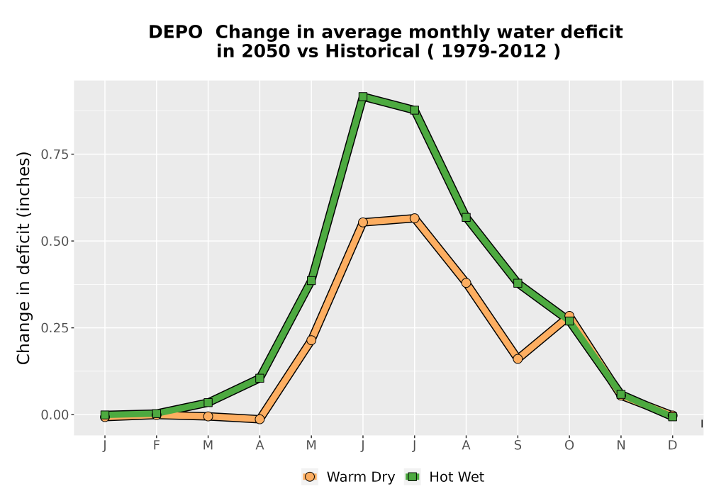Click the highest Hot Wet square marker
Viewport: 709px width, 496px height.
click(x=362, y=96)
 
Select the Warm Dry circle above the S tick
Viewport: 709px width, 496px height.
click(x=518, y=359)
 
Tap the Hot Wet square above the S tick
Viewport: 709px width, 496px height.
click(x=518, y=283)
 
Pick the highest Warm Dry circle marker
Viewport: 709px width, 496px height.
click(x=414, y=218)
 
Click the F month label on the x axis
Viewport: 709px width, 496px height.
click(x=157, y=446)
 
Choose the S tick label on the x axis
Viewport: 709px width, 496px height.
click(x=518, y=446)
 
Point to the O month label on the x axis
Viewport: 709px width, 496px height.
click(x=569, y=446)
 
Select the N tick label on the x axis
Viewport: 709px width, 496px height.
click(x=621, y=446)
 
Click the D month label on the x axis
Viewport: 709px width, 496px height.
click(x=672, y=446)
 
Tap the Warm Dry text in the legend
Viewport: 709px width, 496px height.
click(x=361, y=477)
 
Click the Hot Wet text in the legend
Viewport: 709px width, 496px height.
click(x=457, y=477)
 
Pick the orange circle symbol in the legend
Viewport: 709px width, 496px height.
click(x=310, y=477)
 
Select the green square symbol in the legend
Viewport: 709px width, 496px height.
click(x=413, y=477)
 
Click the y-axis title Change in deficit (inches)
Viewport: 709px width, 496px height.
click(x=23, y=258)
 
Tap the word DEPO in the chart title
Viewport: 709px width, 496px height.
click(x=175, y=33)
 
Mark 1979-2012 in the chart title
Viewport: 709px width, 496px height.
click(x=493, y=51)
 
